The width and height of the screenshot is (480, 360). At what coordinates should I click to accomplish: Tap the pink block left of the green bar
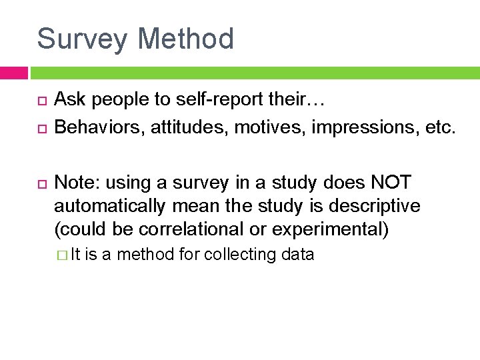click(13, 73)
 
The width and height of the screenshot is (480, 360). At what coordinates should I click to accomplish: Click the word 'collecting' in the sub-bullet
click(241, 255)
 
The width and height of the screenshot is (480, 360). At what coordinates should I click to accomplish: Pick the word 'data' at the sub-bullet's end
click(299, 255)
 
